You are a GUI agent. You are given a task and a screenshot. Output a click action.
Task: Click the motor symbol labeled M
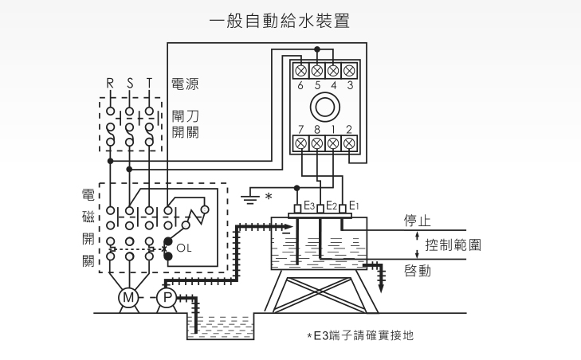tap(128, 298)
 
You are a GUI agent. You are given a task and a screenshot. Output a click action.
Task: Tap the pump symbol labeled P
tap(167, 298)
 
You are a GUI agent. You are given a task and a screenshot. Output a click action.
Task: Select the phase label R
tap(111, 83)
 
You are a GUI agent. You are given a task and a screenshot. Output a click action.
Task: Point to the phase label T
tap(148, 83)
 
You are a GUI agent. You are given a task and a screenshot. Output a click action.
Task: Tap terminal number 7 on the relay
tap(301, 129)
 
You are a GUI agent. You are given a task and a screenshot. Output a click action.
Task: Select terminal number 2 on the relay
tap(349, 129)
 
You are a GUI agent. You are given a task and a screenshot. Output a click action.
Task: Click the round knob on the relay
tap(324, 107)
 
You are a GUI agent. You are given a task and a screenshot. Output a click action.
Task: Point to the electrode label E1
tap(355, 205)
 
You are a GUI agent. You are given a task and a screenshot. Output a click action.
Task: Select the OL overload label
tap(184, 248)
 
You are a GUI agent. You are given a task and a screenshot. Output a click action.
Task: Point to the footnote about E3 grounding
tap(360, 335)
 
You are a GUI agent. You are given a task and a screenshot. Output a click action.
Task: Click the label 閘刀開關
tap(185, 123)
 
